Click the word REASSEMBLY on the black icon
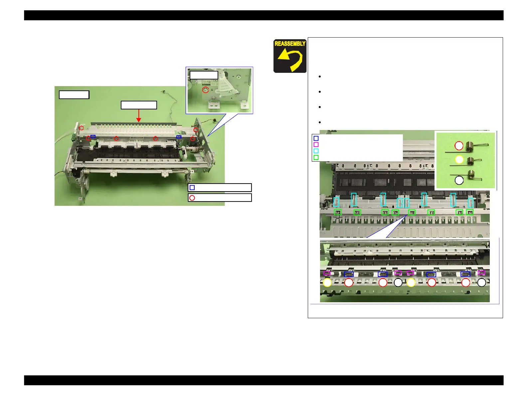(x=289, y=44)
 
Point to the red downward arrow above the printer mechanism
(x=138, y=116)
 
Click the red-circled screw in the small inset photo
(x=205, y=90)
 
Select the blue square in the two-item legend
(x=192, y=188)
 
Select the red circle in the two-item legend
(x=192, y=198)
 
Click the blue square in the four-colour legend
(x=316, y=138)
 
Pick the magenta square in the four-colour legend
(x=316, y=144)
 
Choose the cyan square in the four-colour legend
(x=316, y=151)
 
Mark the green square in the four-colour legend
(x=316, y=157)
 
